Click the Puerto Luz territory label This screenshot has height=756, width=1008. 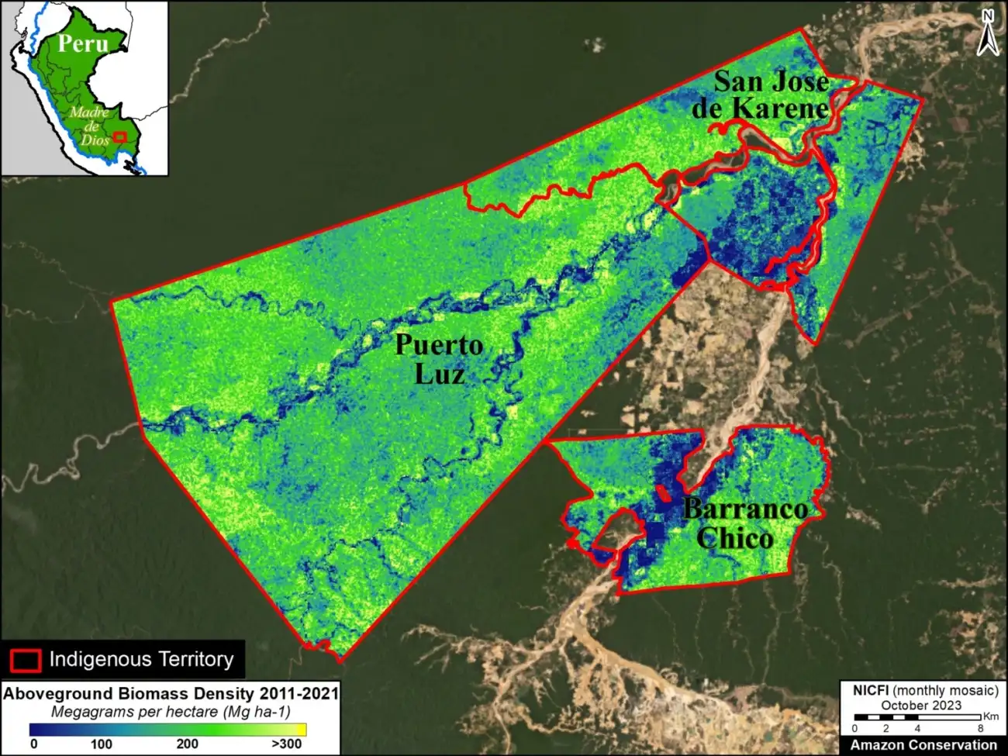pos(439,360)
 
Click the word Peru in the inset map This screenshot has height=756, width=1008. pos(83,43)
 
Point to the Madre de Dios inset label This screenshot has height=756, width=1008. pos(91,126)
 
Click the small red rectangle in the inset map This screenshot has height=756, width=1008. pos(119,136)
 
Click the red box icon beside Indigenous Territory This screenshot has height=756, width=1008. pos(25,660)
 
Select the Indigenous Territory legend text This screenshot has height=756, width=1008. pos(141,659)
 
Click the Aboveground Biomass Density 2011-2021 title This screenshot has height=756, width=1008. pos(171,693)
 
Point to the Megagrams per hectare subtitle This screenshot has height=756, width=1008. pos(171,711)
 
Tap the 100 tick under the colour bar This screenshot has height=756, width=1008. pos(101,744)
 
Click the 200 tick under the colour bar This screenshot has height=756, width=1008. pos(187,744)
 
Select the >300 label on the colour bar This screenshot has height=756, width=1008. pos(286,744)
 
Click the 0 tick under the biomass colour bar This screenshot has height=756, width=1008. pos(33,744)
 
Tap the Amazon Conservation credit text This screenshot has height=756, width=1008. pos(923,745)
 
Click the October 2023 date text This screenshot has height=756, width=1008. pos(920,705)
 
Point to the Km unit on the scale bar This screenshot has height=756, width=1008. pos(990,716)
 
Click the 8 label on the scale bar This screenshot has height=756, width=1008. pos(980,729)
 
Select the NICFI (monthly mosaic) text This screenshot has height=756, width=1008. pos(925,690)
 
